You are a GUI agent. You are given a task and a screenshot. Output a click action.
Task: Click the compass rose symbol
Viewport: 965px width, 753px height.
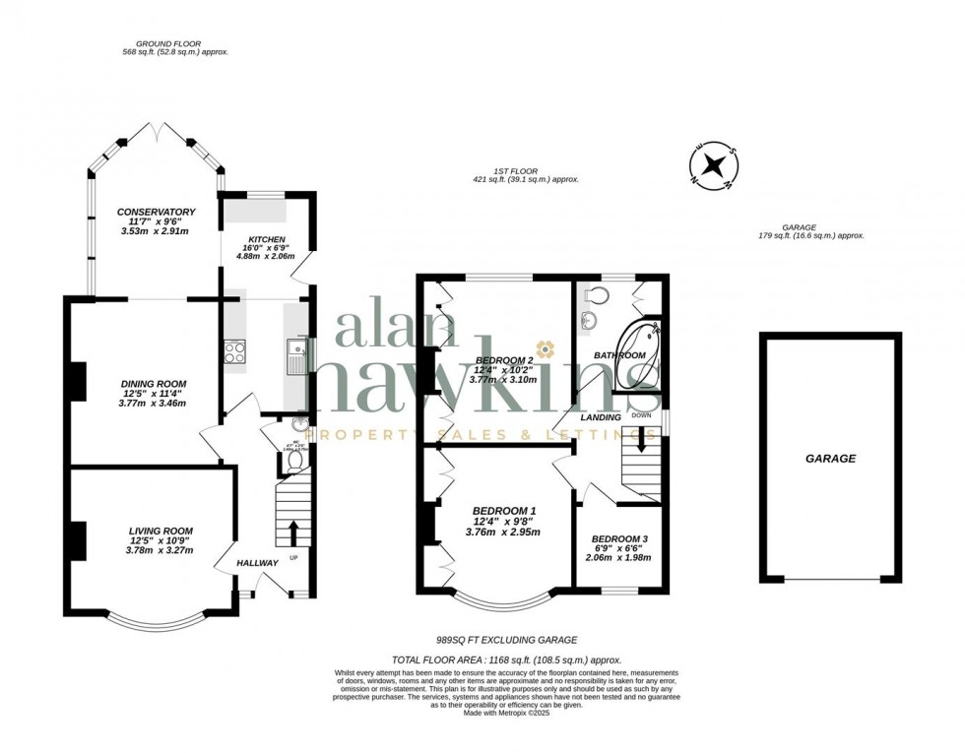[x=717, y=164]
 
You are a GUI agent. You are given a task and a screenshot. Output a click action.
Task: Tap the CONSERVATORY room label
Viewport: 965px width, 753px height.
[x=156, y=212]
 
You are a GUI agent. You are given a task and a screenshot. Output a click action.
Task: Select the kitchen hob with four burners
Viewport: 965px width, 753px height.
[x=235, y=351]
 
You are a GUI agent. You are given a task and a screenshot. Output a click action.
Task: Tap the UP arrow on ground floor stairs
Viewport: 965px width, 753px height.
[x=291, y=533]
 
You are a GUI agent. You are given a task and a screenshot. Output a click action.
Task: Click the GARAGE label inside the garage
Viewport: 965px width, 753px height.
[x=830, y=459]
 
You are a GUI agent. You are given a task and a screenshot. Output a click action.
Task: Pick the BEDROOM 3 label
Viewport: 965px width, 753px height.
[x=619, y=539]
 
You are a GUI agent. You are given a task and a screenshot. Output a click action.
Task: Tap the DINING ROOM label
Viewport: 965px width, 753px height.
[x=154, y=384]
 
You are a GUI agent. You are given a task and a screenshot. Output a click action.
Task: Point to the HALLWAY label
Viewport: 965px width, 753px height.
[x=258, y=563]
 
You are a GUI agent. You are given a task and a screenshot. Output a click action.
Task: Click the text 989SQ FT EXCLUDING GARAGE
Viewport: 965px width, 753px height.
[x=506, y=640]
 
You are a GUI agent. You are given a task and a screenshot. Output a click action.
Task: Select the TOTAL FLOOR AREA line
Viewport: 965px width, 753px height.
[x=506, y=659]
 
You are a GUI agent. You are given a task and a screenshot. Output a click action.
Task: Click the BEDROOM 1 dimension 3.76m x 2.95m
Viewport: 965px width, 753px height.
[x=502, y=533]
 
